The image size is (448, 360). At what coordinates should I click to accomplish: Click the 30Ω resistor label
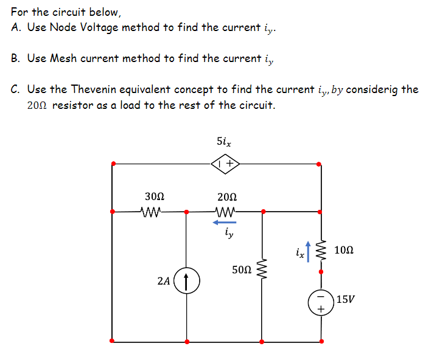[155, 196]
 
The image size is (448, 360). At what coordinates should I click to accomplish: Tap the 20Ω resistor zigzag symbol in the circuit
[226, 212]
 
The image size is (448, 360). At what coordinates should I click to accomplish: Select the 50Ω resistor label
[242, 269]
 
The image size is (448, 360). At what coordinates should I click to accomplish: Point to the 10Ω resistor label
[344, 250]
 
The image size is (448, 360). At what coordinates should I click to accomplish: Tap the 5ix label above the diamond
[223, 141]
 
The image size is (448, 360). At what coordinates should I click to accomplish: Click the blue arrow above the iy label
[225, 223]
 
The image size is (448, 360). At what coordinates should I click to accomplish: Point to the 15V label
[345, 299]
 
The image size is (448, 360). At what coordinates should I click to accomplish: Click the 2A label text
[163, 281]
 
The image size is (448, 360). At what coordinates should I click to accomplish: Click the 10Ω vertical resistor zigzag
[321, 250]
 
